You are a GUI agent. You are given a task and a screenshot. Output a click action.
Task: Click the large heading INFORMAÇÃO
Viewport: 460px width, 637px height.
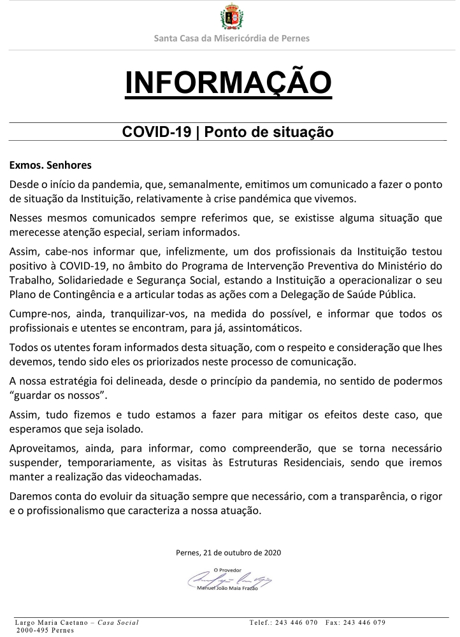pos(229,83)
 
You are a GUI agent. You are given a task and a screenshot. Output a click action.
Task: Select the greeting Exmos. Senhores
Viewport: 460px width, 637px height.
pos(50,166)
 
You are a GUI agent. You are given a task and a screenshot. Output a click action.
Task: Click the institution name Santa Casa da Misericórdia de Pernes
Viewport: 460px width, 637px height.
pos(231,38)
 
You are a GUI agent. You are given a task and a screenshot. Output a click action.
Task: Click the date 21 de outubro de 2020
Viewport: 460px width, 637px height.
pos(242,553)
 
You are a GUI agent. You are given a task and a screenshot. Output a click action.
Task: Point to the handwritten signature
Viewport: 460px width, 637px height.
pos(229,579)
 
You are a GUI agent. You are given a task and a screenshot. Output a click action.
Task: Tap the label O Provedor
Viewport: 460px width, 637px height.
pos(228,569)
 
